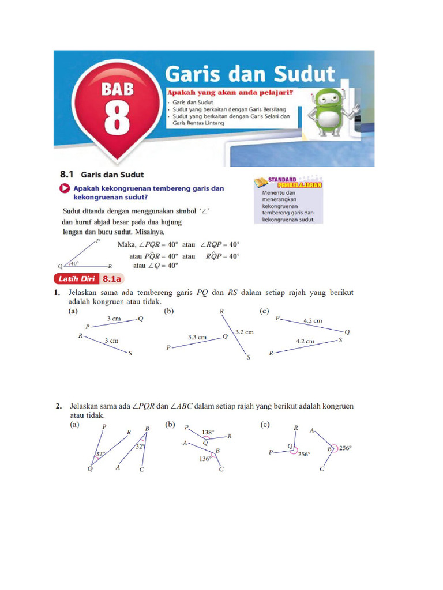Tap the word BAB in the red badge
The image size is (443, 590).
(x=118, y=89)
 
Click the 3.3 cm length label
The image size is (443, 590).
(x=197, y=338)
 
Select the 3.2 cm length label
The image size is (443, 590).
(x=244, y=332)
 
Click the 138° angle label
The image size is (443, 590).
(x=208, y=432)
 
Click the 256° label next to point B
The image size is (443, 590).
(x=346, y=448)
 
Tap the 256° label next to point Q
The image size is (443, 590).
(x=304, y=454)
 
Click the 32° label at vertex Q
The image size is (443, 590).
(x=100, y=455)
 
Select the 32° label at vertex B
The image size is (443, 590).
(x=140, y=446)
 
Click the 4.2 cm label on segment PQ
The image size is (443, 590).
(x=313, y=320)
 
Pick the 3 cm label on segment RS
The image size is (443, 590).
(x=111, y=341)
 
